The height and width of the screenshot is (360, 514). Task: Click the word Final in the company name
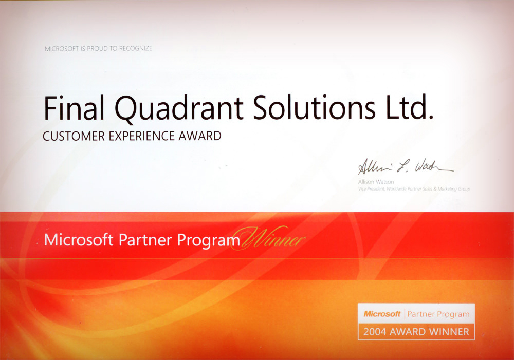74,107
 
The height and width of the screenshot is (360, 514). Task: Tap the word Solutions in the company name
314,107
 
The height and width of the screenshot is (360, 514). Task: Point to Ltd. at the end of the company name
410,107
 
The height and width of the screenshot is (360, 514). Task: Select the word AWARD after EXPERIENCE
200,136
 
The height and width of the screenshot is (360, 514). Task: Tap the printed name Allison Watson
376,182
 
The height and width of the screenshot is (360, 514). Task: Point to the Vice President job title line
414,189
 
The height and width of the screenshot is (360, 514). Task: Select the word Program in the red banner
209,241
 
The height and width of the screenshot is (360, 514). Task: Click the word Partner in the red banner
145,240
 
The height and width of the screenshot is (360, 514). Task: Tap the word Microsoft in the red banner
79,240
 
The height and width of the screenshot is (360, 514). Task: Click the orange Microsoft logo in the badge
382,314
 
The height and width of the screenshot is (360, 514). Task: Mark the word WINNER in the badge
449,332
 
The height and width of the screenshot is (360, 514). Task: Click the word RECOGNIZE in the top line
135,48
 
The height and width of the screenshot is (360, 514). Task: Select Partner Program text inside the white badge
438,314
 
